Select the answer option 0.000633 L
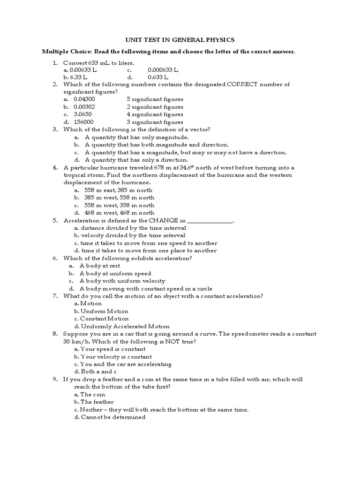pyautogui.click(x=163, y=70)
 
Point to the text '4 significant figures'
pyautogui.click(x=155, y=114)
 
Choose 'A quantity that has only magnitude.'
pyautogui.click(x=137, y=137)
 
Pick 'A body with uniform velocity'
pyautogui.click(x=122, y=281)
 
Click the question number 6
pyautogui.click(x=55, y=258)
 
